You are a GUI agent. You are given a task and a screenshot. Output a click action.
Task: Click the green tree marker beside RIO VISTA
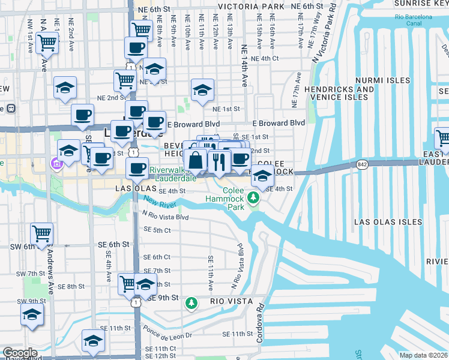point(191,304)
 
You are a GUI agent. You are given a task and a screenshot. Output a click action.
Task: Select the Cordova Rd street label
point(261,325)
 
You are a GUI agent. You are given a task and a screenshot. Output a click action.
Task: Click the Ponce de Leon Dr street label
point(167,332)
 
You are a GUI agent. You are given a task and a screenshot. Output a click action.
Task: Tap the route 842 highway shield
point(361,164)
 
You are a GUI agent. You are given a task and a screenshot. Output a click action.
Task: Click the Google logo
point(20,353)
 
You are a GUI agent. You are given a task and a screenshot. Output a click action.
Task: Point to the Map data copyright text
point(424,355)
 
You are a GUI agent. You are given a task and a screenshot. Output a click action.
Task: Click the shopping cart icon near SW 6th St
point(41,234)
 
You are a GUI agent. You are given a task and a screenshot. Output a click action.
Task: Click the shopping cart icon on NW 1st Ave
point(47,43)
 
